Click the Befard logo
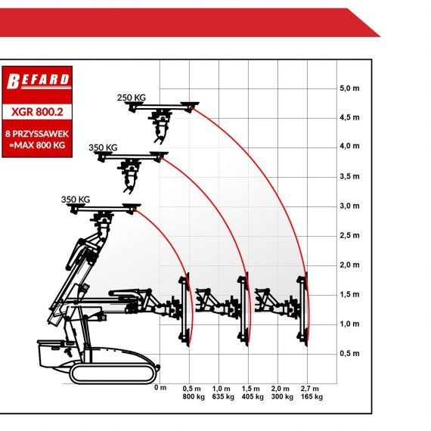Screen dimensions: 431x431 (39, 81)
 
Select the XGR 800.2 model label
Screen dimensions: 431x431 (37, 112)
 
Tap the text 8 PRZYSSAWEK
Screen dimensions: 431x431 (37, 134)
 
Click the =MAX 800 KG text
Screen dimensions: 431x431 (37, 145)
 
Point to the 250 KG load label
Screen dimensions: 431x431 (132, 98)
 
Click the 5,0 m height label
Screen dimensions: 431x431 (349, 88)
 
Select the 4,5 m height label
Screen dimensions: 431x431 (349, 117)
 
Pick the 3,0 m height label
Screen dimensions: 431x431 (349, 206)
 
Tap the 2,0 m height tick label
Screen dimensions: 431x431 (349, 265)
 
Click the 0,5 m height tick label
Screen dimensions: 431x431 (349, 353)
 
